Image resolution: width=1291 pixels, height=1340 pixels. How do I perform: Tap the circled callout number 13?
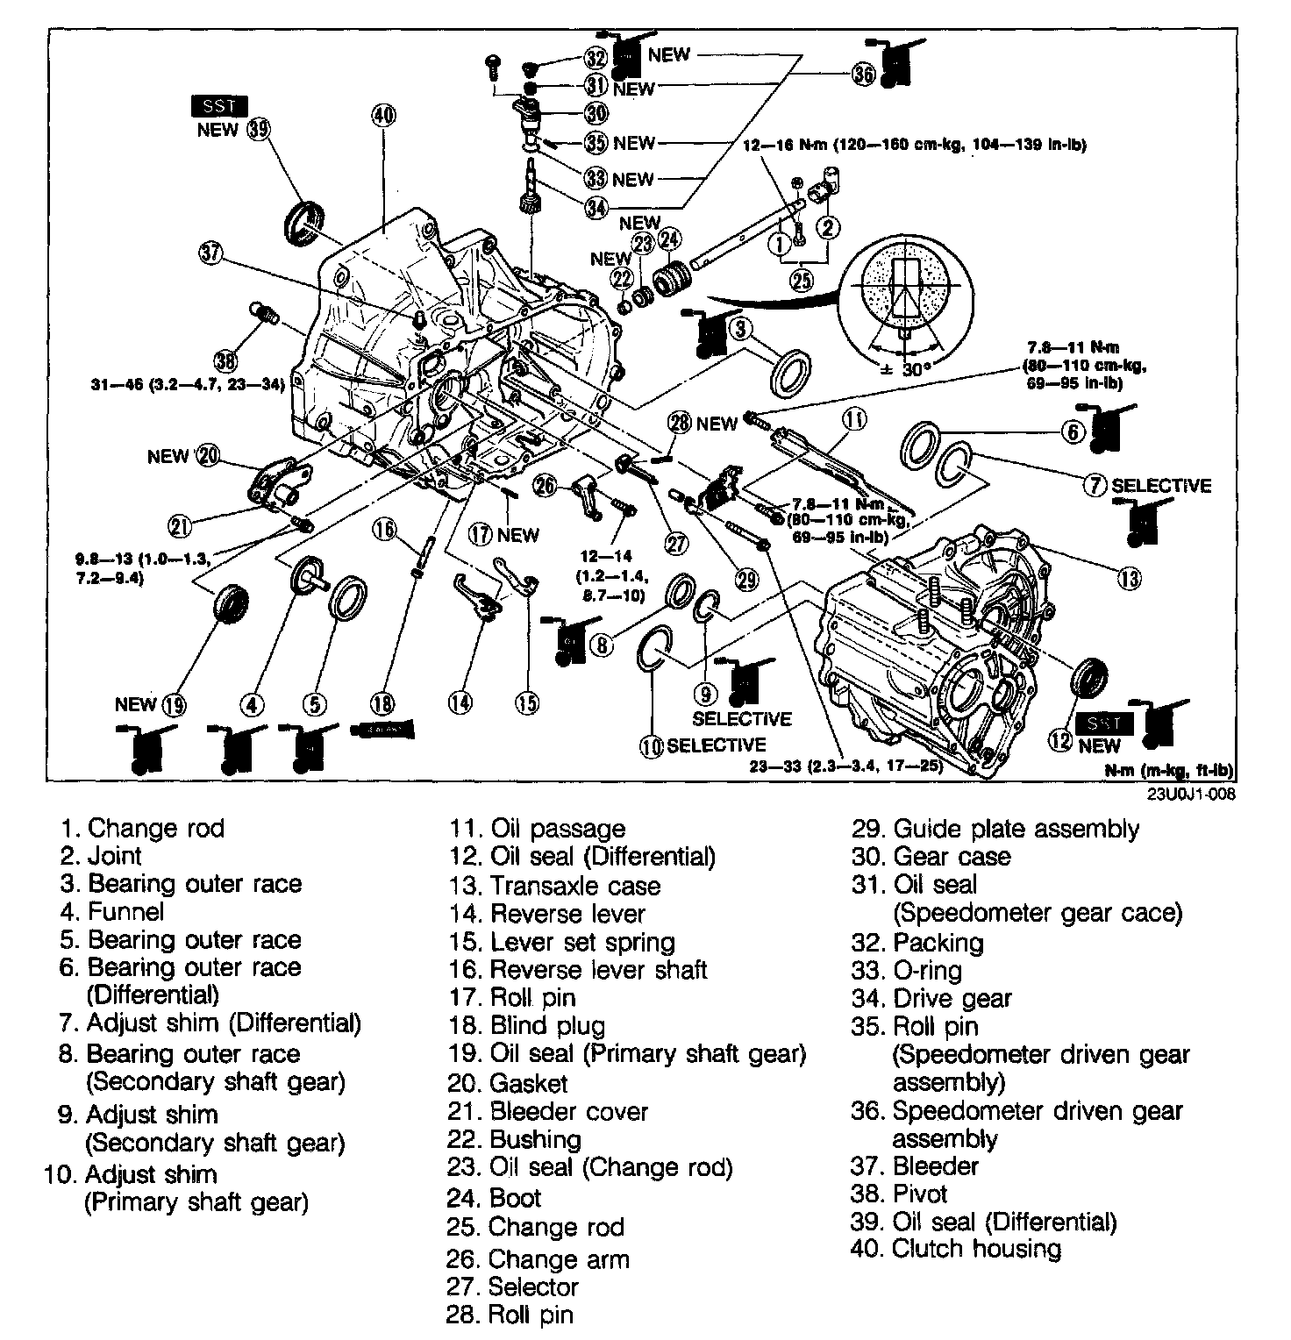1131,578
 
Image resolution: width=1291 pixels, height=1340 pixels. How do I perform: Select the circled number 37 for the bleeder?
211,253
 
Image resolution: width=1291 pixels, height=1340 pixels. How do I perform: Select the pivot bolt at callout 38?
262,312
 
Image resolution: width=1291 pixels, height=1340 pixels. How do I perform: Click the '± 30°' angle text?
904,369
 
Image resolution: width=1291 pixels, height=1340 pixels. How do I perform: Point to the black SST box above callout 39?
219,106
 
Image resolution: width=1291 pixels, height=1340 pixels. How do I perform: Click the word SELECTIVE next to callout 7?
1161,485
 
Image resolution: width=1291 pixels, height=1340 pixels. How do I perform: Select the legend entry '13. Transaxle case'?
554,885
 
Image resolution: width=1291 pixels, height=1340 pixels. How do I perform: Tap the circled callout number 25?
801,280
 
